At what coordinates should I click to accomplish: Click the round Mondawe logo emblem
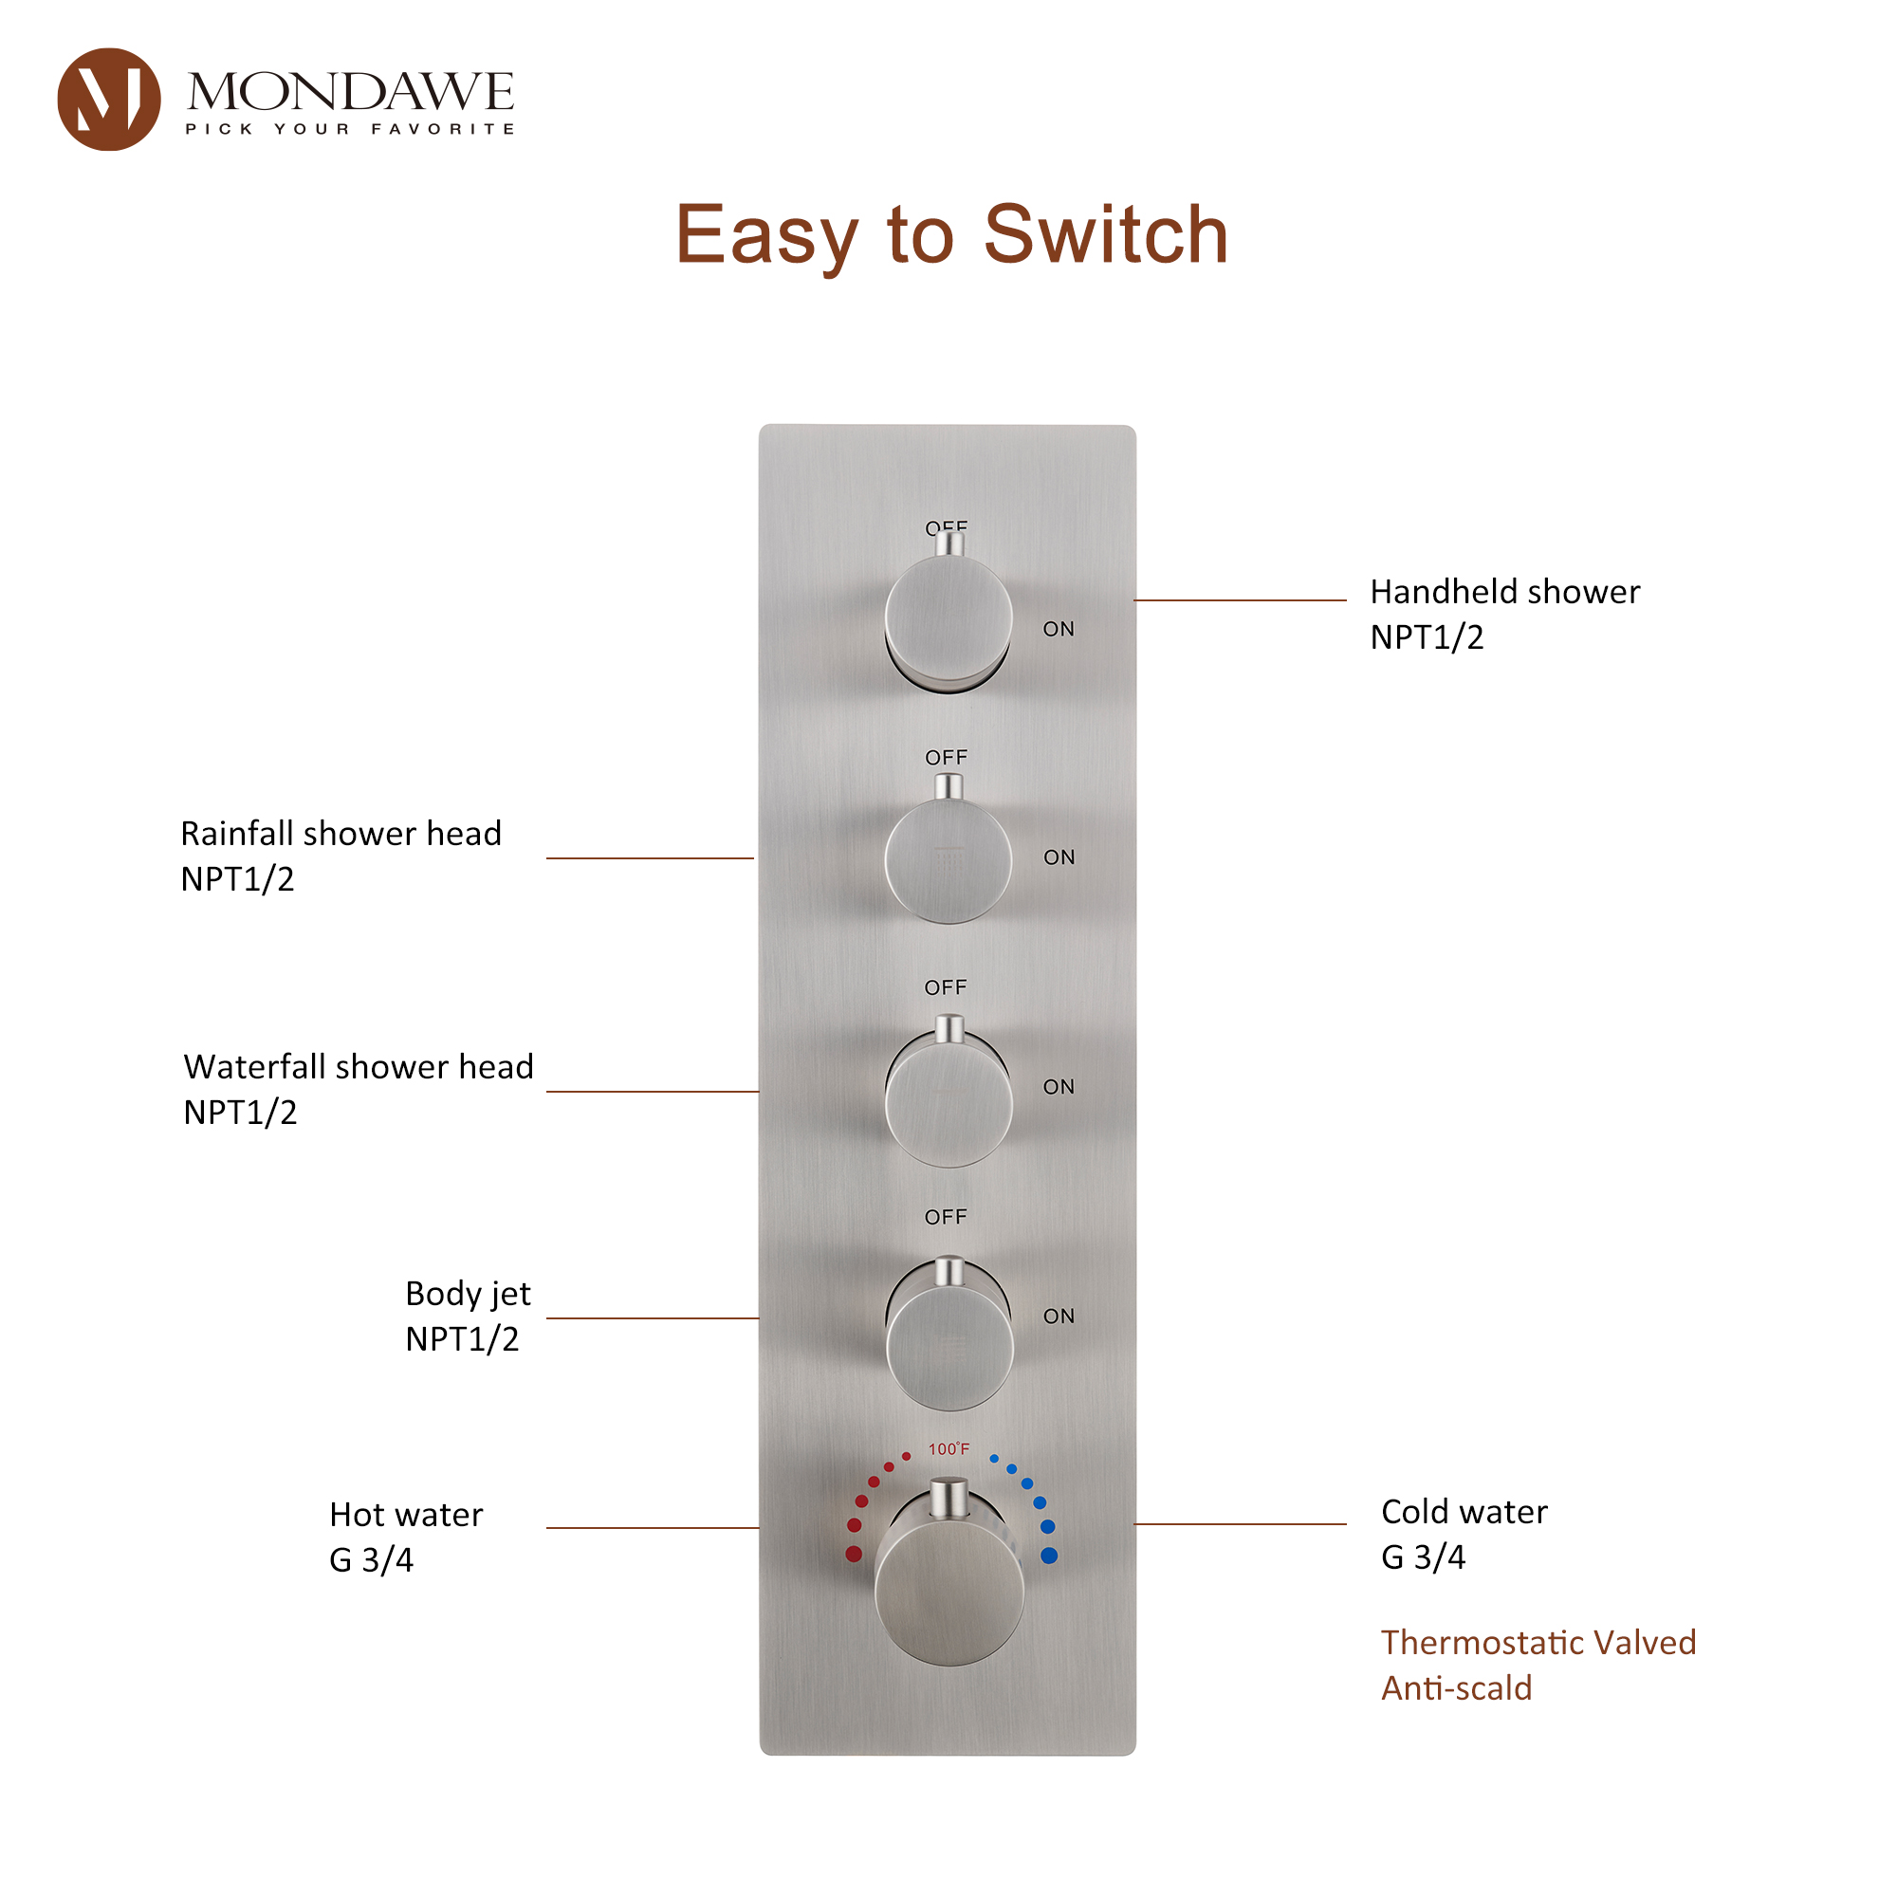click(x=108, y=100)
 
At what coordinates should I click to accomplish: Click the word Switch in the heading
click(x=1106, y=234)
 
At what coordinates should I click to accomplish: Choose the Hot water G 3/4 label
click(x=406, y=1537)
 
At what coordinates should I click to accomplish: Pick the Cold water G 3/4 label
click(x=1463, y=1534)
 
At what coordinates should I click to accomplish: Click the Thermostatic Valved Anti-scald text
click(x=1538, y=1666)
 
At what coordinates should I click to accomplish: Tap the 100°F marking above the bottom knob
click(x=948, y=1449)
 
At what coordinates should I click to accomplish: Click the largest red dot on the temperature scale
click(x=854, y=1555)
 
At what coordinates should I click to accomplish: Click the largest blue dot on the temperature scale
click(x=1049, y=1556)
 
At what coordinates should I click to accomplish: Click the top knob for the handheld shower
click(x=948, y=618)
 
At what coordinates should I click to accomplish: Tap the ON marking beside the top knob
click(x=1059, y=630)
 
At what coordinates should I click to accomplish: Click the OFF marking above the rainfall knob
click(x=947, y=758)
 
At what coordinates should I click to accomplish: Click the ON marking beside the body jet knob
click(x=1059, y=1317)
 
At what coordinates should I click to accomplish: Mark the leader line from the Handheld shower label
click(x=1239, y=600)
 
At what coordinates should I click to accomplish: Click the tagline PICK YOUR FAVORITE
click(x=350, y=129)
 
